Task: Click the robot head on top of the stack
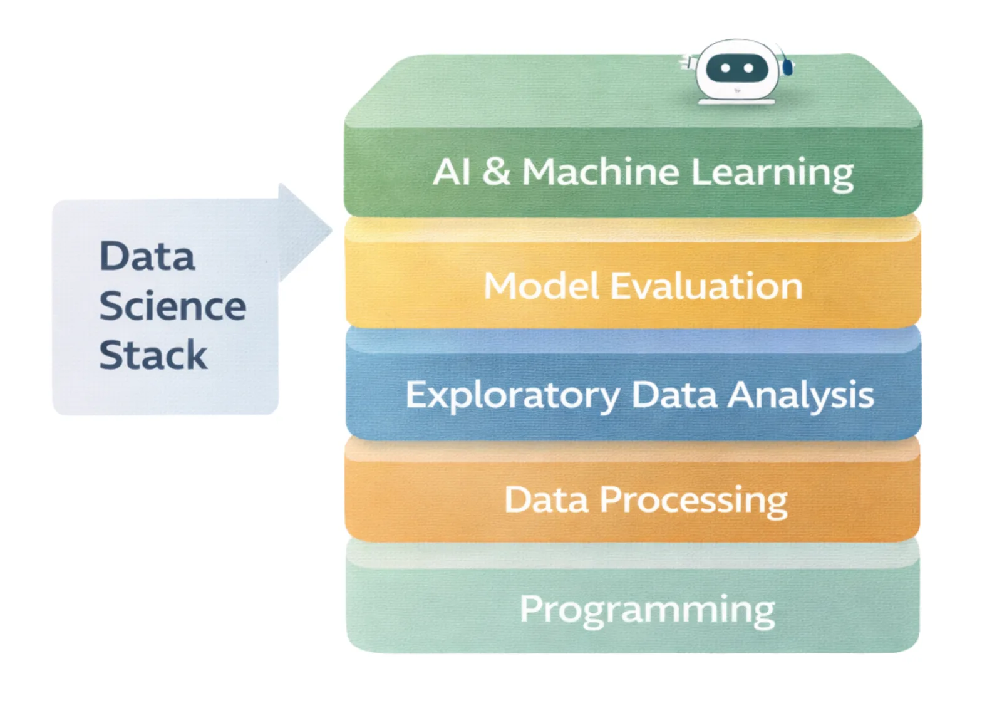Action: click(737, 70)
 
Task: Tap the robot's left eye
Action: click(725, 68)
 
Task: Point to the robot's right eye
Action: click(748, 68)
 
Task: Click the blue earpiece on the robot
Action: click(787, 66)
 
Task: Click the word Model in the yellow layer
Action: click(541, 286)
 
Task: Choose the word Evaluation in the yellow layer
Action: click(706, 286)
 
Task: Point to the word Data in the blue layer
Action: click(674, 395)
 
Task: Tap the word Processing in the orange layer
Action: click(693, 501)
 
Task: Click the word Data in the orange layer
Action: click(546, 499)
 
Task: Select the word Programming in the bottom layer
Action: click(647, 610)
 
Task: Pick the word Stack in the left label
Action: click(153, 355)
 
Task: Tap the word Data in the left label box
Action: click(147, 256)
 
